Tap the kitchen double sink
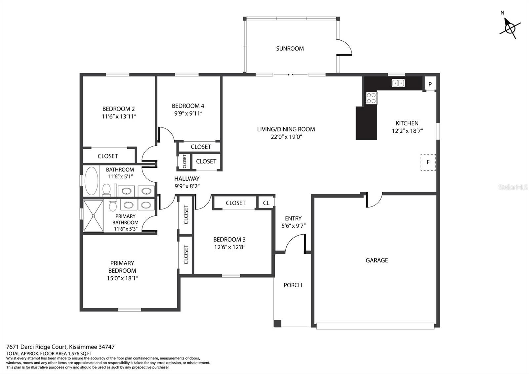pos(398,83)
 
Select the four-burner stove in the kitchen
pos(372,98)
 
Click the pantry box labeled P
pos(430,84)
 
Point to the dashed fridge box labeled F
pos(428,162)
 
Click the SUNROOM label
pos(290,48)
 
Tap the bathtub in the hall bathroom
pos(91,181)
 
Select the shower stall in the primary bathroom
pos(93,215)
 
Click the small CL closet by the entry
pos(266,203)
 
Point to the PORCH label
pos(293,285)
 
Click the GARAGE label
pos(377,260)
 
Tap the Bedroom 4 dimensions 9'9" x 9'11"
pos(188,114)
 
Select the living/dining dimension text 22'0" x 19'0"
pos(286,137)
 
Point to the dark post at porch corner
pos(277,323)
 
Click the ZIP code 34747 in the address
pos(106,347)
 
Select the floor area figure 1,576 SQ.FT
pos(80,354)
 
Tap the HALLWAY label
pos(187,179)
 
